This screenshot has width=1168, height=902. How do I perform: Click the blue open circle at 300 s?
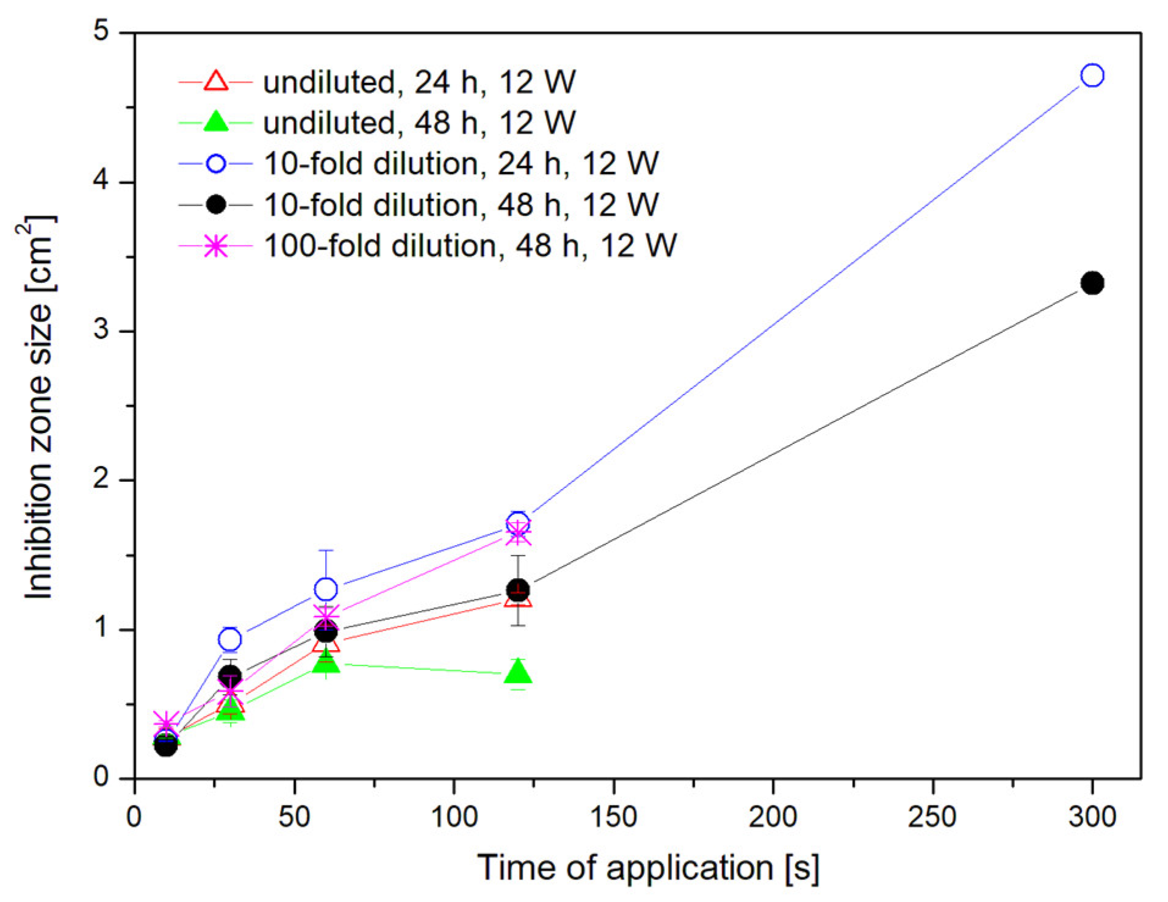click(x=1092, y=75)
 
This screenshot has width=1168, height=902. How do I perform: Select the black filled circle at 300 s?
click(x=1092, y=283)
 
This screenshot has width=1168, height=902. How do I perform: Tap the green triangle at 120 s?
click(x=518, y=671)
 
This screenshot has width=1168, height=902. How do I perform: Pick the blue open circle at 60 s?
click(x=326, y=589)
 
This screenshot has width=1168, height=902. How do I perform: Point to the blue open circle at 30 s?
click(x=229, y=639)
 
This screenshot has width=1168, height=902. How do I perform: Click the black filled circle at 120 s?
click(x=518, y=590)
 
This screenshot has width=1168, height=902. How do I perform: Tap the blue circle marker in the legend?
click(x=216, y=163)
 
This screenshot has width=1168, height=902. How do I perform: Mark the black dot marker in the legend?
click(x=216, y=204)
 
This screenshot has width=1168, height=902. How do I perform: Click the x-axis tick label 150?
click(x=614, y=817)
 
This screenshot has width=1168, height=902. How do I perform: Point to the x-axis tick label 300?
click(x=1092, y=817)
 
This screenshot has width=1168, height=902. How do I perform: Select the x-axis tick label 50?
click(x=294, y=817)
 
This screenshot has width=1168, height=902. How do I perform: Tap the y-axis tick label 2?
click(x=101, y=479)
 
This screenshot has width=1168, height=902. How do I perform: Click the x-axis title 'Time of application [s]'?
click(x=648, y=868)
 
